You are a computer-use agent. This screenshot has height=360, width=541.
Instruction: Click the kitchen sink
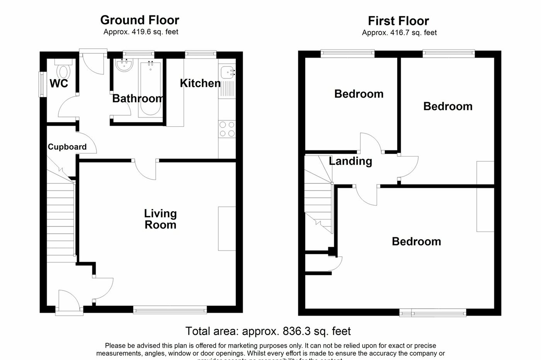pos(227,72)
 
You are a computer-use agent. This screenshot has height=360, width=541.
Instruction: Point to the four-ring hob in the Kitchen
pos(227,129)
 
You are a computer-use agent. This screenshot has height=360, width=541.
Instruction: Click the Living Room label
pos(160,219)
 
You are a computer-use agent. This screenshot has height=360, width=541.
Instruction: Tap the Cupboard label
pos(67,147)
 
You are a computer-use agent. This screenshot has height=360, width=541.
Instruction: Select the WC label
pos(59,83)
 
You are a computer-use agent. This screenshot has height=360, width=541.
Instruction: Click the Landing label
pos(350,161)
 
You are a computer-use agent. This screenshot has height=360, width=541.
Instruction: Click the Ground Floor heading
pos(140,20)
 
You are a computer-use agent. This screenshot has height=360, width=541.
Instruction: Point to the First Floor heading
pos(398,21)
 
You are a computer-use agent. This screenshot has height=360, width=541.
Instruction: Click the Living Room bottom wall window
pos(170,309)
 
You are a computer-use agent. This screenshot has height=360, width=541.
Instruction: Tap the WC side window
pos(41,83)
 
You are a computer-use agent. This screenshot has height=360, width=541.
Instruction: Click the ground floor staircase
pos(61,220)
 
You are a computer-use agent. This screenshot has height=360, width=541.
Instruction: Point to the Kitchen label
pos(200,83)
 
